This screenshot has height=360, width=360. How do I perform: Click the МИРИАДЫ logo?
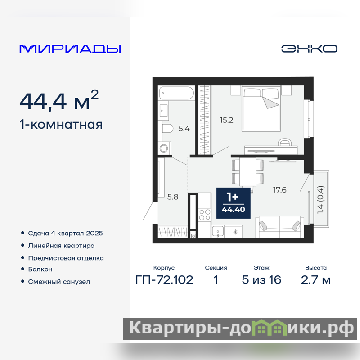(x=70, y=49)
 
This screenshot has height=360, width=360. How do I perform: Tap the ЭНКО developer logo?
(x=309, y=49)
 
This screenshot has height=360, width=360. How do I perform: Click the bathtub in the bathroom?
(x=176, y=93)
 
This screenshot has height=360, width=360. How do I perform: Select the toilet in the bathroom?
(x=167, y=129)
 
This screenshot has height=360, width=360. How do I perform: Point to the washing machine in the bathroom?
(x=164, y=148)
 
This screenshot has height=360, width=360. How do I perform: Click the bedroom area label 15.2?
(x=226, y=120)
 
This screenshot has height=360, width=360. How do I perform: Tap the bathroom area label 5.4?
(x=184, y=129)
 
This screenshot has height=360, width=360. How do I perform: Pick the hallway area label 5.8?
(x=173, y=197)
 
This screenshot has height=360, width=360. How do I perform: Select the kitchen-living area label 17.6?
(x=279, y=190)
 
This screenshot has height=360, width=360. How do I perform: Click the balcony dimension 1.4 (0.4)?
(x=320, y=199)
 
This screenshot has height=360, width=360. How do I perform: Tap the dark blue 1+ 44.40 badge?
(x=233, y=203)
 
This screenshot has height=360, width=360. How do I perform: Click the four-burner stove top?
(x=205, y=215)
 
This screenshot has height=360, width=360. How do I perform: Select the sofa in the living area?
(x=279, y=227)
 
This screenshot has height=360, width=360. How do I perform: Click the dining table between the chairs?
(x=248, y=171)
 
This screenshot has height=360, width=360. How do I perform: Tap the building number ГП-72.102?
(x=164, y=280)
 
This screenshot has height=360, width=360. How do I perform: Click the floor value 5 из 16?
(x=261, y=280)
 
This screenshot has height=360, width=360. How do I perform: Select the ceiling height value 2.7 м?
(x=316, y=280)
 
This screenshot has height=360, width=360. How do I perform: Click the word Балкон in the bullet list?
(x=40, y=269)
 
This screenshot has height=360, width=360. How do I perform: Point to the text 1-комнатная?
(x=61, y=125)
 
